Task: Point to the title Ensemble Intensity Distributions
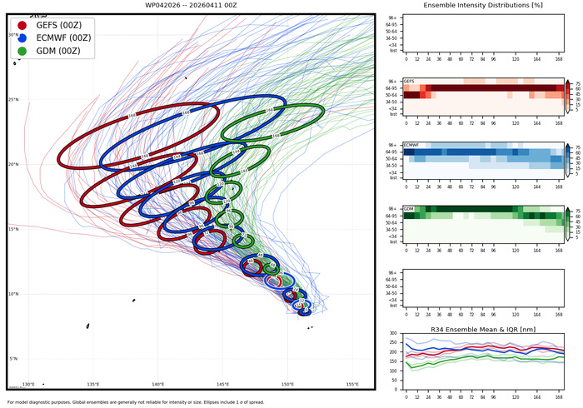pyautogui.click(x=484, y=7)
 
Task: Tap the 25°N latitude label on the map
pyautogui.click(x=12, y=100)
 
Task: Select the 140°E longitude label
pyautogui.click(x=158, y=384)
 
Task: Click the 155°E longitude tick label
pyautogui.click(x=352, y=384)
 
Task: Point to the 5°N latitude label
pyautogui.click(x=12, y=359)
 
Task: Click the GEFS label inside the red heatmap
pyautogui.click(x=409, y=81)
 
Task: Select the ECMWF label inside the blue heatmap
pyautogui.click(x=411, y=145)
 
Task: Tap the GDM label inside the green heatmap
pyautogui.click(x=408, y=208)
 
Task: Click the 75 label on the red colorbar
pyautogui.click(x=578, y=82)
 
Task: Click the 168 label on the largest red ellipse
pyautogui.click(x=132, y=116)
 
